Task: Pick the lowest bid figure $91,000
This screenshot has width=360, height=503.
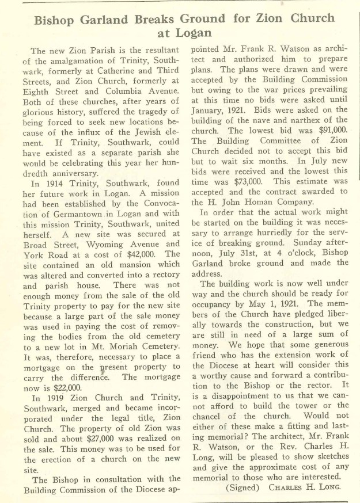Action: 331,131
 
